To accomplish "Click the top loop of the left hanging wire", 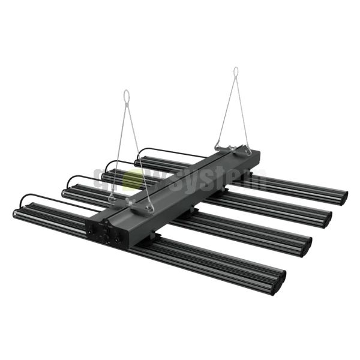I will pyautogui.click(x=126, y=96).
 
